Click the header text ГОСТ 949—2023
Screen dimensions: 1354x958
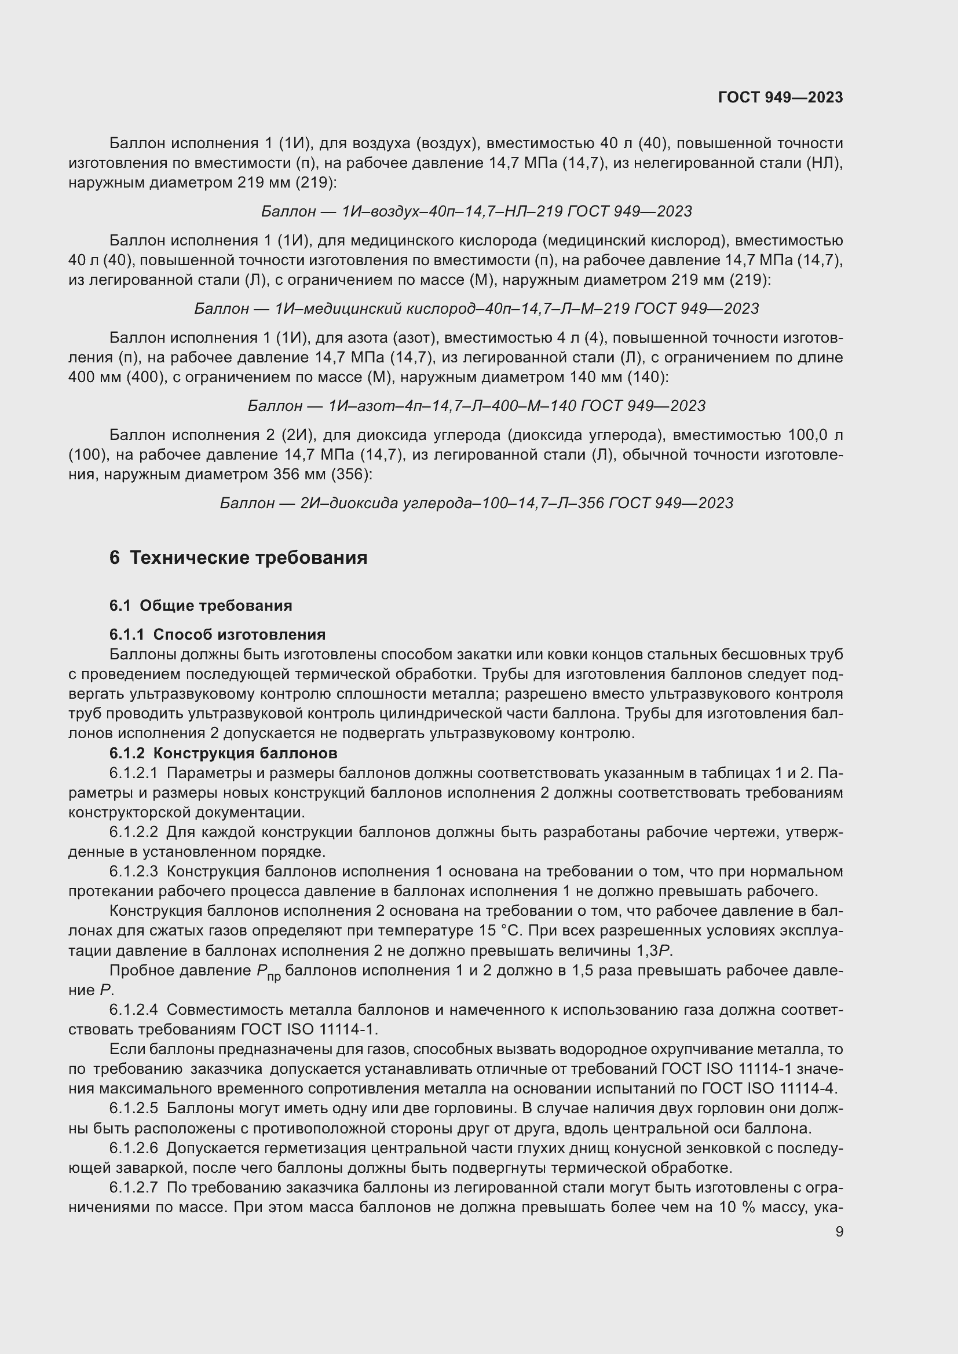780,97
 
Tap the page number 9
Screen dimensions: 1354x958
839,1231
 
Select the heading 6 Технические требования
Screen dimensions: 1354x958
237,557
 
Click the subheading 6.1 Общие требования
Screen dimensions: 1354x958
200,606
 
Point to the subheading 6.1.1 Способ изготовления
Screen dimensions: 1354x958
217,634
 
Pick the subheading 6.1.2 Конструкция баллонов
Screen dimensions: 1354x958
223,753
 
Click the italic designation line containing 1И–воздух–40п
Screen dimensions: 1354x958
477,211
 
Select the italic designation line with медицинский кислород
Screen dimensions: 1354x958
477,309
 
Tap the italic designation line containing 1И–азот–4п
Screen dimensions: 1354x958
477,406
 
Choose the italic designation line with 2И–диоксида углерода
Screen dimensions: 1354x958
477,503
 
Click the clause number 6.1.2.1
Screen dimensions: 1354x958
134,773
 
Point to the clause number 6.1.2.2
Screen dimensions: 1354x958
134,832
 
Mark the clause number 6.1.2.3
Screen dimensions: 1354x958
134,872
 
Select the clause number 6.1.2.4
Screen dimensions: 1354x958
134,1010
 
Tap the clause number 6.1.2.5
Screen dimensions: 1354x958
134,1109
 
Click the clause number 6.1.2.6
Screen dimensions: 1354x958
134,1148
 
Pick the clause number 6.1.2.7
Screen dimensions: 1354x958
134,1188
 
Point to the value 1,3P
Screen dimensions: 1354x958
655,951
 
